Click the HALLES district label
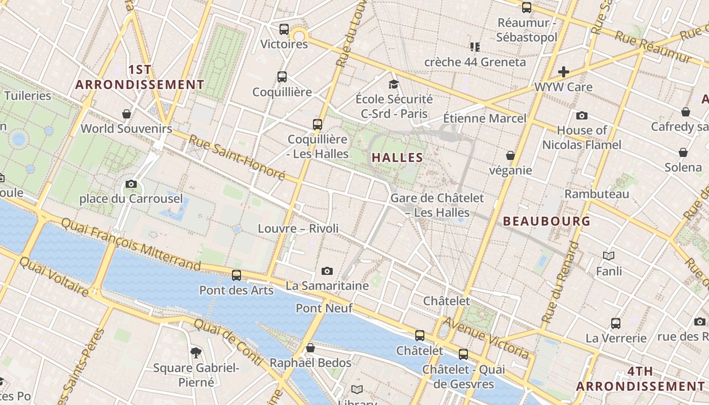(397, 157)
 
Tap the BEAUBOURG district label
(546, 221)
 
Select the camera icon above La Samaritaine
(327, 271)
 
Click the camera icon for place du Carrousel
(131, 184)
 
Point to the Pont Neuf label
(324, 308)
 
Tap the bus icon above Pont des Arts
(237, 275)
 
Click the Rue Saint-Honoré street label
(238, 157)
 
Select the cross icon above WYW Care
(563, 72)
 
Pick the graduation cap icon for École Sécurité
(393, 84)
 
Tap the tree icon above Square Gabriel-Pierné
(196, 353)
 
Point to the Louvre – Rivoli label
(298, 228)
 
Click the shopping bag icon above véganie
(510, 155)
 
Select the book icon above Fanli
(609, 256)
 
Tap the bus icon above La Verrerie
(616, 323)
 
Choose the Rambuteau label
(597, 194)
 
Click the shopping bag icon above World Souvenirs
(127, 114)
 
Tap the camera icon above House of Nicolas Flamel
(581, 116)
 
